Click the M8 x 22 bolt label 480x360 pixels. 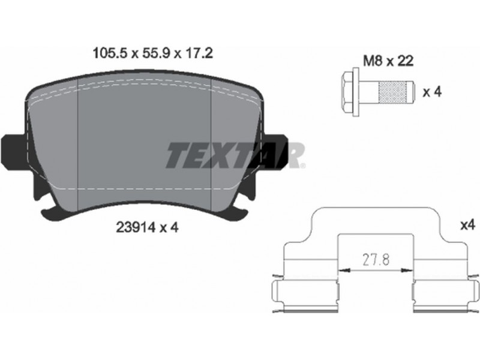[388, 61]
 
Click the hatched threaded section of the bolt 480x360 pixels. [394, 92]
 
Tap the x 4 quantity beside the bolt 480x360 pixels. [432, 92]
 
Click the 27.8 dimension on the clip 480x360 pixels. [376, 260]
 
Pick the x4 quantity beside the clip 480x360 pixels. [468, 226]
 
